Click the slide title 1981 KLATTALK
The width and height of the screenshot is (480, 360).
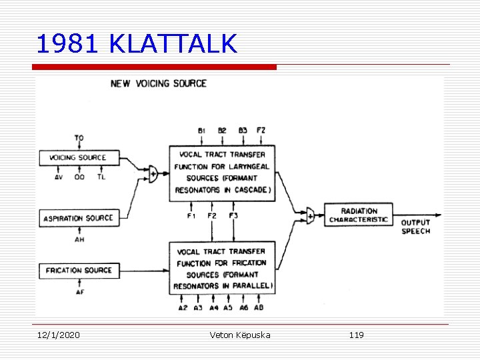pyautogui.click(x=137, y=44)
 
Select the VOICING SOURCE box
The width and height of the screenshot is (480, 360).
pyautogui.click(x=78, y=158)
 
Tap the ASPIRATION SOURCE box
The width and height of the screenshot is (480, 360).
pyautogui.click(x=78, y=218)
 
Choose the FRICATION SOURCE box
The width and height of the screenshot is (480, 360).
pyautogui.click(x=78, y=270)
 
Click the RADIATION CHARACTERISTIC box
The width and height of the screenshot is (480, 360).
pyautogui.click(x=359, y=215)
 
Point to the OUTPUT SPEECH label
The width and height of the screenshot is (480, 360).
pyautogui.click(x=415, y=227)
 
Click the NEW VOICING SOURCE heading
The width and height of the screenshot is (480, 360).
pyautogui.click(x=159, y=83)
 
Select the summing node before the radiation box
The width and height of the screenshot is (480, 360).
pyautogui.click(x=310, y=215)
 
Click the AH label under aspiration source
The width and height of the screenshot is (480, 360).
pyautogui.click(x=79, y=239)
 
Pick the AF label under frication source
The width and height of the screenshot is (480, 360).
pyautogui.click(x=79, y=291)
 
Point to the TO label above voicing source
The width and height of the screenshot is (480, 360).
pyautogui.click(x=79, y=139)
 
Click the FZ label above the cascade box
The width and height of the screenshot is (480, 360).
pyautogui.click(x=261, y=131)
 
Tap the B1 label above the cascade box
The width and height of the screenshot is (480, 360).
pyautogui.click(x=202, y=131)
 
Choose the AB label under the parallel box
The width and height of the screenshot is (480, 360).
pyautogui.click(x=258, y=307)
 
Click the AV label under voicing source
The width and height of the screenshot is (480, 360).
pyautogui.click(x=58, y=177)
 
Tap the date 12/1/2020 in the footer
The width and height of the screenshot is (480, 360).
pyautogui.click(x=58, y=335)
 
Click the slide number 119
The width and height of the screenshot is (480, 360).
pyautogui.click(x=356, y=335)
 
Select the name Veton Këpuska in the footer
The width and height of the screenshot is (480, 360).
pyautogui.click(x=240, y=335)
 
